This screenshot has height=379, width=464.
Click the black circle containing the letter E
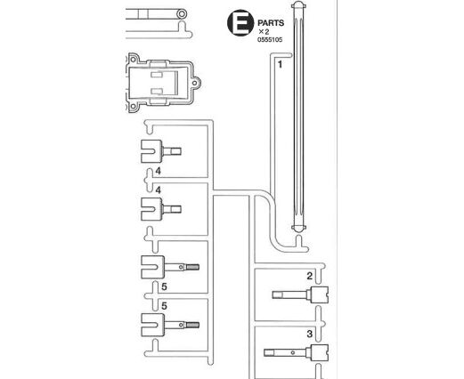(x=240, y=23)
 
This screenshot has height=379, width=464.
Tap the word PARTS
(x=271, y=23)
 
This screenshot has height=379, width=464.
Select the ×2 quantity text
(x=264, y=32)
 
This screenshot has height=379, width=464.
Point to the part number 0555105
(x=270, y=40)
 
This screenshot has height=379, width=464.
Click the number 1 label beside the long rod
(x=280, y=64)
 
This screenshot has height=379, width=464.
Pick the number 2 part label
(x=310, y=276)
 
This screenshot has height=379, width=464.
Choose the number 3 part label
(x=310, y=334)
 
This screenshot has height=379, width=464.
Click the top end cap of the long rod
(x=298, y=5)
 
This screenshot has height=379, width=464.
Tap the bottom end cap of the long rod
(x=298, y=228)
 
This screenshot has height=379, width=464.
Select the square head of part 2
(x=320, y=294)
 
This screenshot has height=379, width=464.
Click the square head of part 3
(x=320, y=352)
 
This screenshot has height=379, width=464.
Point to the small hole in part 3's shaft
(x=293, y=352)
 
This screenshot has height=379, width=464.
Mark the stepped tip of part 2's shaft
(x=277, y=294)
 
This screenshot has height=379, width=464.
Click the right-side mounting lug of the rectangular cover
(x=196, y=83)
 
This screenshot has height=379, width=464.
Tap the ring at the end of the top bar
(x=182, y=13)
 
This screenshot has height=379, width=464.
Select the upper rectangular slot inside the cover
(x=157, y=75)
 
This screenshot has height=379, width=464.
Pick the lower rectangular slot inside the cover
(x=157, y=91)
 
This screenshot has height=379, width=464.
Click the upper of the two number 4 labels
(x=159, y=171)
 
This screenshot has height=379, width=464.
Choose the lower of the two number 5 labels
(x=164, y=306)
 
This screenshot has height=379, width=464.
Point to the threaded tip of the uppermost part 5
(x=192, y=267)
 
